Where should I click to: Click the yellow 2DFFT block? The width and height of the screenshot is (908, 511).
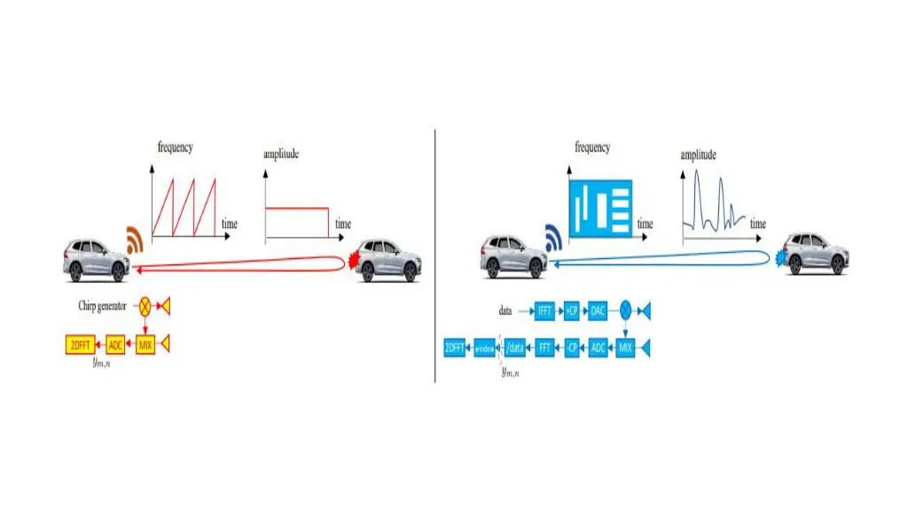[81, 345]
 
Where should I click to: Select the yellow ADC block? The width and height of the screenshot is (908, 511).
[116, 345]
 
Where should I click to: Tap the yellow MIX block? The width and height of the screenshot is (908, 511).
[145, 345]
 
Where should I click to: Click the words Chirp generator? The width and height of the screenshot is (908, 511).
[106, 306]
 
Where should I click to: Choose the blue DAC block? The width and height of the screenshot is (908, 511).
[598, 311]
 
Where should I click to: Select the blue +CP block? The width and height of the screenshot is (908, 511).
[572, 311]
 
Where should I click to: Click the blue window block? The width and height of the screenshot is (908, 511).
[485, 348]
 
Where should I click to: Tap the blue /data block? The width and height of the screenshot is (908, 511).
[514, 348]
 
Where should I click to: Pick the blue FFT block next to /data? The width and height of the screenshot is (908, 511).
[545, 348]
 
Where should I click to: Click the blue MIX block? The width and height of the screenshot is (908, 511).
[626, 348]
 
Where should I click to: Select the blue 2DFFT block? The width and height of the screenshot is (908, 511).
[456, 348]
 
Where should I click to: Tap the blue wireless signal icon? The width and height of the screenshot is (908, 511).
[553, 239]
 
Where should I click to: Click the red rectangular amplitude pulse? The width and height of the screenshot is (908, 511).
[297, 223]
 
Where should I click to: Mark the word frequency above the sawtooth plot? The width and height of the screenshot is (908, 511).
[176, 147]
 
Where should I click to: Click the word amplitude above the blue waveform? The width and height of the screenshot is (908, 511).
[699, 155]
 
